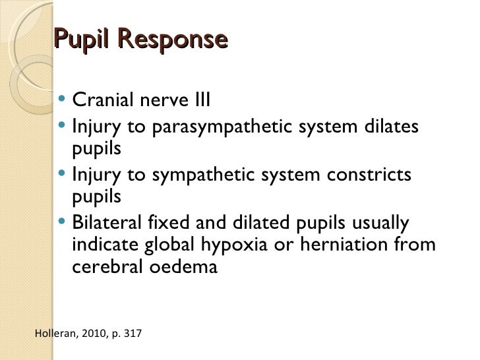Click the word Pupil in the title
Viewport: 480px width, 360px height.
click(79, 41)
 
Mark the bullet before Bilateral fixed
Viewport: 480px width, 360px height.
click(61, 222)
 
